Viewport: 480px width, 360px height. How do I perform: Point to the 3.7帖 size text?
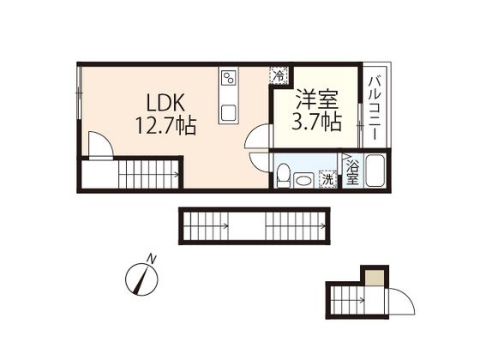tap(316, 122)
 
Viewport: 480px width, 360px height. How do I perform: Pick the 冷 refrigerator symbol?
tap(279, 76)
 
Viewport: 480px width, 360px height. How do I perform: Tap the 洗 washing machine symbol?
tap(326, 178)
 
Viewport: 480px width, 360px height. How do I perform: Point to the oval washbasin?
tap(302, 179)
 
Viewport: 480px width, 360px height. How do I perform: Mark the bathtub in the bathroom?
tap(375, 171)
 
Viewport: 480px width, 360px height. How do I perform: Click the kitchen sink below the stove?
tap(229, 111)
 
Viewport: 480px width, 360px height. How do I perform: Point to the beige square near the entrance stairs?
tap(374, 276)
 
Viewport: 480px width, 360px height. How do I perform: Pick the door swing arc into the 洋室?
tap(259, 137)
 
